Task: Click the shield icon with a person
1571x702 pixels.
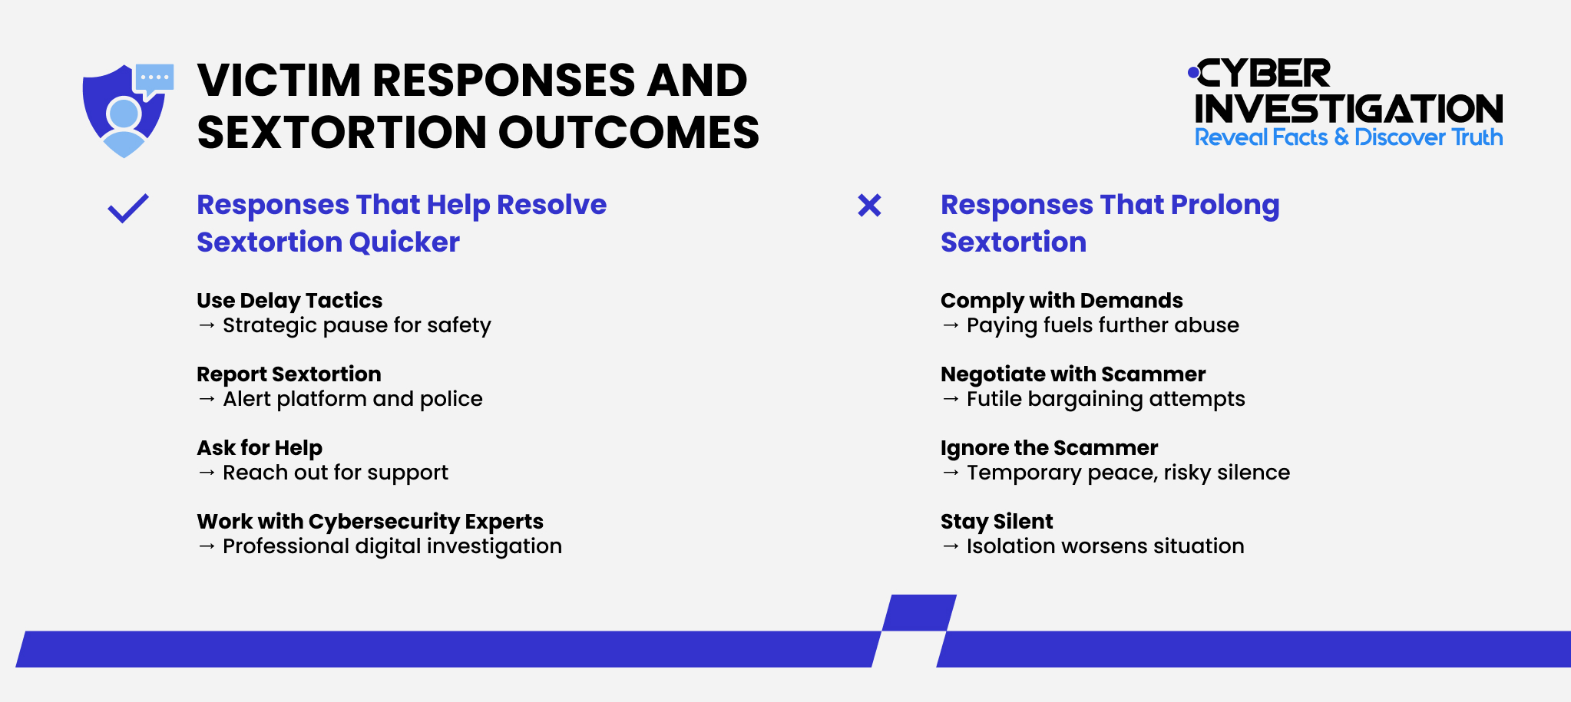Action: click(123, 115)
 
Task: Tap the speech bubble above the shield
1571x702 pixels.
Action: click(154, 78)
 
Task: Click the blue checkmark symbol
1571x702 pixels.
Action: click(128, 208)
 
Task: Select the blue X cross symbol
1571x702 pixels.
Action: click(869, 206)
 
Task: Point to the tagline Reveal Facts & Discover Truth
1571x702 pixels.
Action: click(1348, 137)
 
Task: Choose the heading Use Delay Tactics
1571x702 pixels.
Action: click(289, 300)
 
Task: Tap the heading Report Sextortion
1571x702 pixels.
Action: click(289, 374)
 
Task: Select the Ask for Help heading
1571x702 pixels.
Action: click(260, 447)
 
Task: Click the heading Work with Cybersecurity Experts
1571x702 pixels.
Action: click(370, 521)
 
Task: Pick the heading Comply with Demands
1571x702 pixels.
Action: click(1061, 300)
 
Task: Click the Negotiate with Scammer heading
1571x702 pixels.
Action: click(1073, 374)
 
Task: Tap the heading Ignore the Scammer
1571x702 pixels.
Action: click(1049, 447)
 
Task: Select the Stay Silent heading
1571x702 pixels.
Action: click(997, 521)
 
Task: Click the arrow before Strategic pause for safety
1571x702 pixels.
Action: click(207, 325)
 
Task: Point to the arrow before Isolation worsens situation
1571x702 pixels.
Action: click(951, 546)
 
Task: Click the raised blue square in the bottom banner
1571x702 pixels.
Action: click(920, 613)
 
